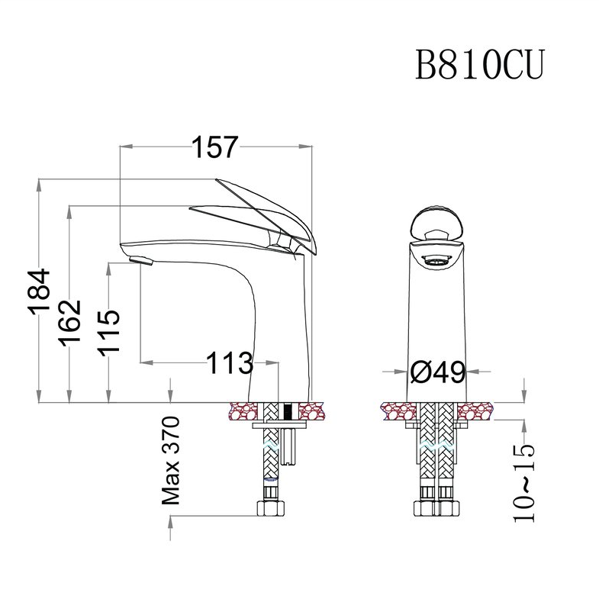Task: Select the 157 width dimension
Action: [x=214, y=147]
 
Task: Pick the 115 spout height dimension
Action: [x=109, y=331]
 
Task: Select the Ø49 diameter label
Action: [x=437, y=372]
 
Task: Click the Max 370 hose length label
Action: [x=170, y=461]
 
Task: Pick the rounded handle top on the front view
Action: [x=435, y=224]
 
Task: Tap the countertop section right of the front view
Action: [x=475, y=411]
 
